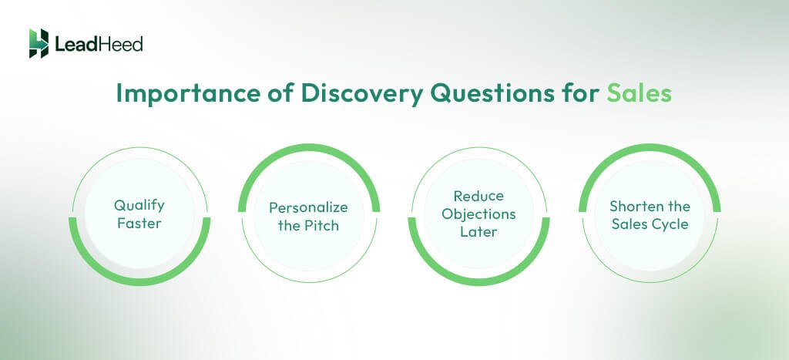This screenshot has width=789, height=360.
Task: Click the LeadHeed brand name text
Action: [98, 44]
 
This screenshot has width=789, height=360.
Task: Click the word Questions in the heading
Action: [478, 93]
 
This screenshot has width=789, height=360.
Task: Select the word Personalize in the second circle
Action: [308, 207]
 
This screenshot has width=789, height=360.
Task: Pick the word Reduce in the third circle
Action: [478, 197]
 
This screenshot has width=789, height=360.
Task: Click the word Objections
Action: [478, 214]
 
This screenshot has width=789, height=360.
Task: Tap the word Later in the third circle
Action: [478, 231]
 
